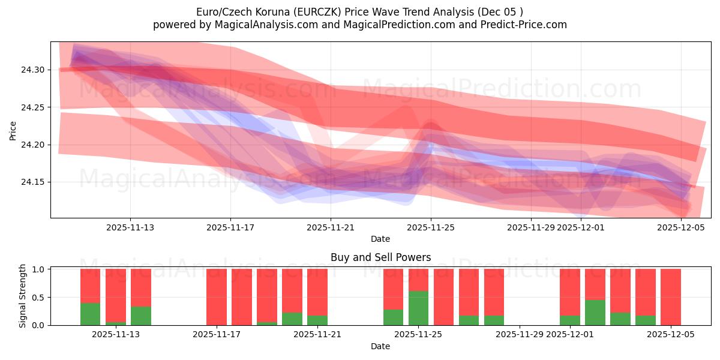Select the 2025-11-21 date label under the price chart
(331, 227)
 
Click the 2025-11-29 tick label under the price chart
(530, 227)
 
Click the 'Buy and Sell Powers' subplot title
(380, 257)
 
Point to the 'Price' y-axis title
(13, 130)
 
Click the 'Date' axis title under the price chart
(380, 239)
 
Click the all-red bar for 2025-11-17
(217, 297)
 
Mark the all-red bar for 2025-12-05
(670, 297)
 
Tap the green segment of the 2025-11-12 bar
(91, 314)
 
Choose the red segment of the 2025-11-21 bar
(317, 292)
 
